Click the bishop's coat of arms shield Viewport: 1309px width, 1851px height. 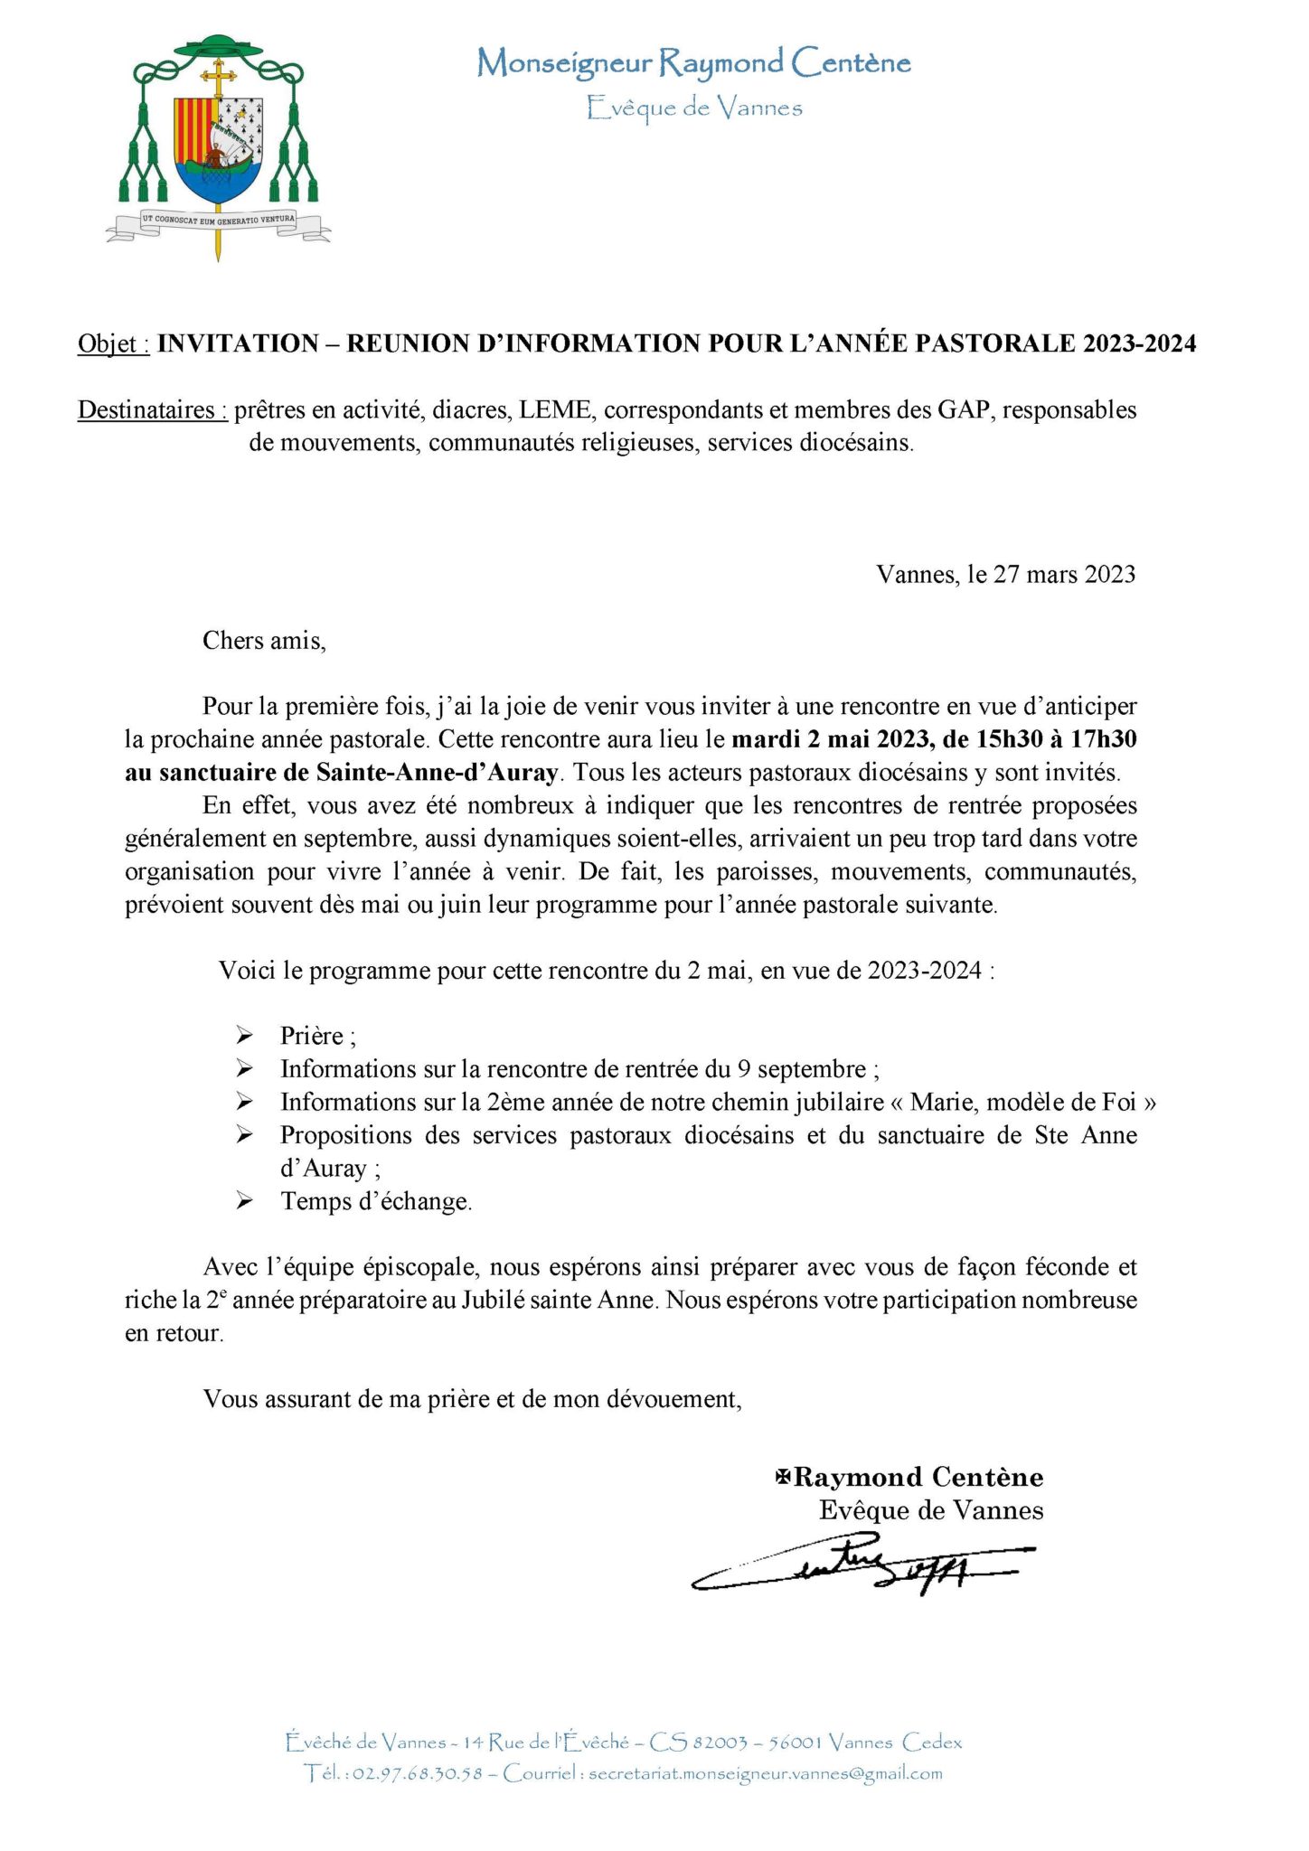[219, 150]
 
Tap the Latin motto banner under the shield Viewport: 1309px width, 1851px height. [218, 220]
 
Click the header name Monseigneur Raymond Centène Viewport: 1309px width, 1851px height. [693, 63]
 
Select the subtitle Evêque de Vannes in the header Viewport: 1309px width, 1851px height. [693, 108]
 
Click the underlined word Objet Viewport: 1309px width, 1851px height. [113, 343]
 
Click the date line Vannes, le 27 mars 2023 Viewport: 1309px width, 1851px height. [1005, 575]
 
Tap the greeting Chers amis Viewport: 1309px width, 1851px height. [264, 641]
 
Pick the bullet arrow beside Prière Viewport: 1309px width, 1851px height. [244, 1035]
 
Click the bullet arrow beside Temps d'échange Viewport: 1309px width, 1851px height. [244, 1200]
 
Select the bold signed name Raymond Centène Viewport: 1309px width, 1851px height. [918, 1478]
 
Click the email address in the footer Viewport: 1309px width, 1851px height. [765, 1774]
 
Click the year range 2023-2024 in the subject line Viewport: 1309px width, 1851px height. [1140, 343]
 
